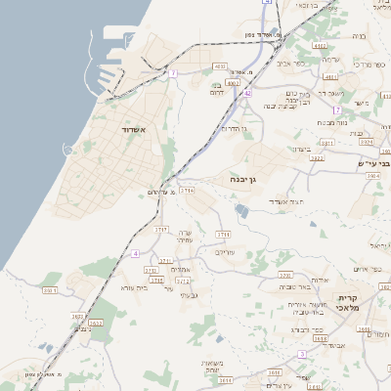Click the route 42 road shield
click(248, 93)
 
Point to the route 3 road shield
click(304, 354)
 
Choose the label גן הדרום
click(237, 128)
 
